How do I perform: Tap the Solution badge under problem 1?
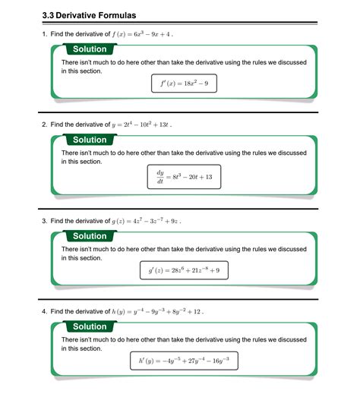click(90, 49)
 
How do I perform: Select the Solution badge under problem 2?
click(90, 140)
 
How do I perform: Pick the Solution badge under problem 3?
click(90, 236)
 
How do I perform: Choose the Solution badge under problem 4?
click(90, 326)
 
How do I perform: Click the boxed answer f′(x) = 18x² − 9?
click(185, 83)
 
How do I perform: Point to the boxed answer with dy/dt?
click(185, 178)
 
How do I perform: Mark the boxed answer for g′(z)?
click(185, 269)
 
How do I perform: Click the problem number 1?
click(45, 34)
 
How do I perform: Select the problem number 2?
click(45, 124)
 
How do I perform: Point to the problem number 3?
click(45, 221)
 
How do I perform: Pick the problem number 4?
click(45, 311)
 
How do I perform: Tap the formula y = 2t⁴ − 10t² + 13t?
click(142, 124)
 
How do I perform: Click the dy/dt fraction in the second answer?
click(160, 178)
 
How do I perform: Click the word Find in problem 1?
click(58, 34)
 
